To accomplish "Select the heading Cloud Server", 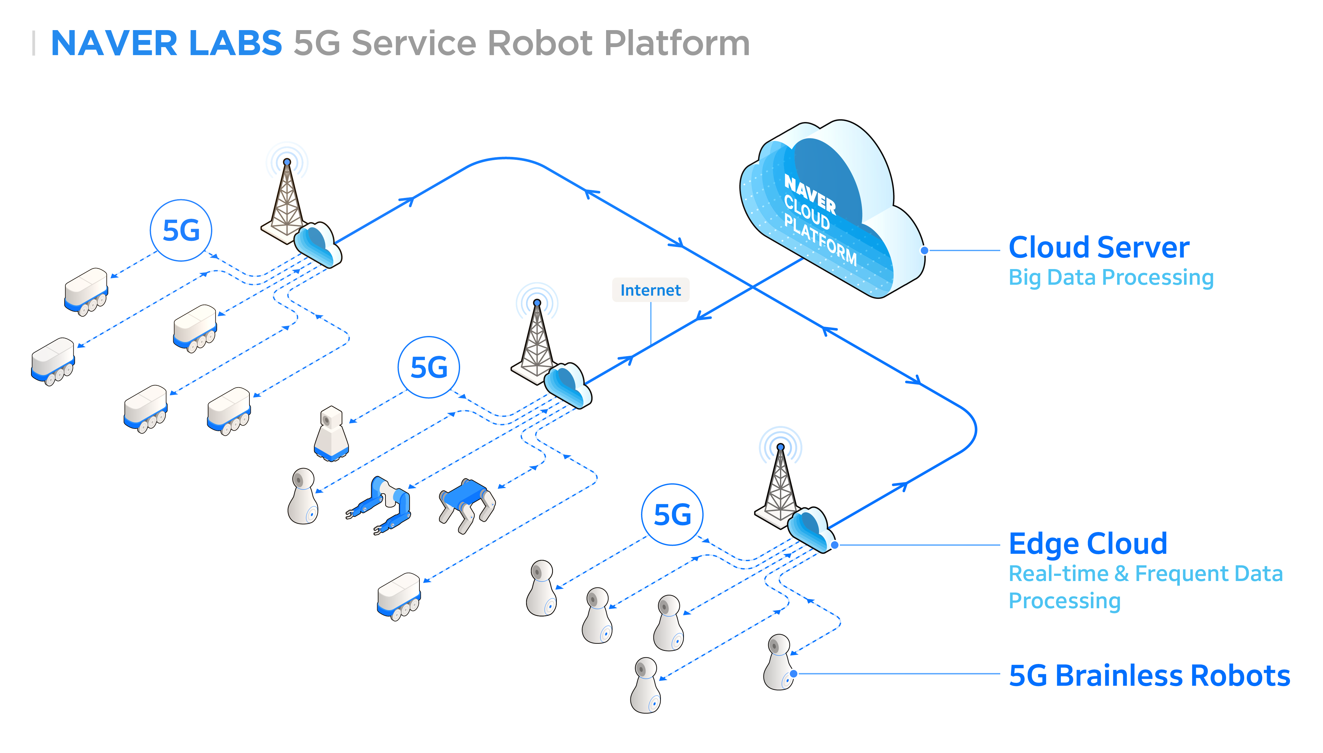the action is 1099,247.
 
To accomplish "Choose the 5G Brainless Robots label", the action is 1149,675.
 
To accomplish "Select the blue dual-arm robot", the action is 379,505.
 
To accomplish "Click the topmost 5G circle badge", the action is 181,230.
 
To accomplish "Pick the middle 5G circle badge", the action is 429,367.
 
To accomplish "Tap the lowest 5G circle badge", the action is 672,515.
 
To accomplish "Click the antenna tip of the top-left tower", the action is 287,162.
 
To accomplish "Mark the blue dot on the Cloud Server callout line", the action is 924,250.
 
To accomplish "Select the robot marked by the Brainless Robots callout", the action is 779,662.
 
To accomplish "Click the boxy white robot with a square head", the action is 331,433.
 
